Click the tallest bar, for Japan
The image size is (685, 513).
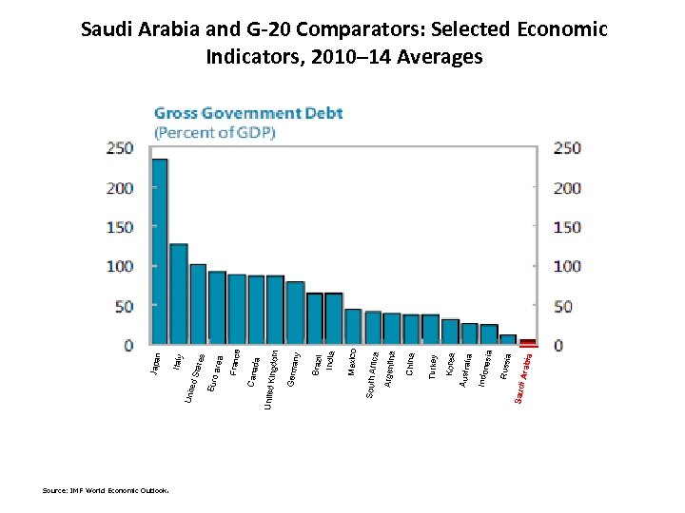[160, 251]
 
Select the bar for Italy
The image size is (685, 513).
[179, 294]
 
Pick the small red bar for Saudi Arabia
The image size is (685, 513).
[528, 342]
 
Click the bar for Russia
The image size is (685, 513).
[508, 339]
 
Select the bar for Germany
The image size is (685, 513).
[295, 313]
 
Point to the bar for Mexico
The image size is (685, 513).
[353, 326]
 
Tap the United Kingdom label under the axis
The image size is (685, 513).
[271, 380]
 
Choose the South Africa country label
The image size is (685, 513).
[373, 375]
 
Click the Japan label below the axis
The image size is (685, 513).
[157, 363]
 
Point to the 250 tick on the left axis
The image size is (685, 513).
[120, 148]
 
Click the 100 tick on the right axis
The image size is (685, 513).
[567, 267]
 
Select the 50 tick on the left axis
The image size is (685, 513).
[124, 307]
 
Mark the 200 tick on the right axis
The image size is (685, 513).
[567, 188]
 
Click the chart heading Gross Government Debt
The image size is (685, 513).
[248, 113]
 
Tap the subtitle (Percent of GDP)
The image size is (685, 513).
[215, 132]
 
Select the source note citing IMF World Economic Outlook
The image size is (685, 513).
[106, 491]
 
